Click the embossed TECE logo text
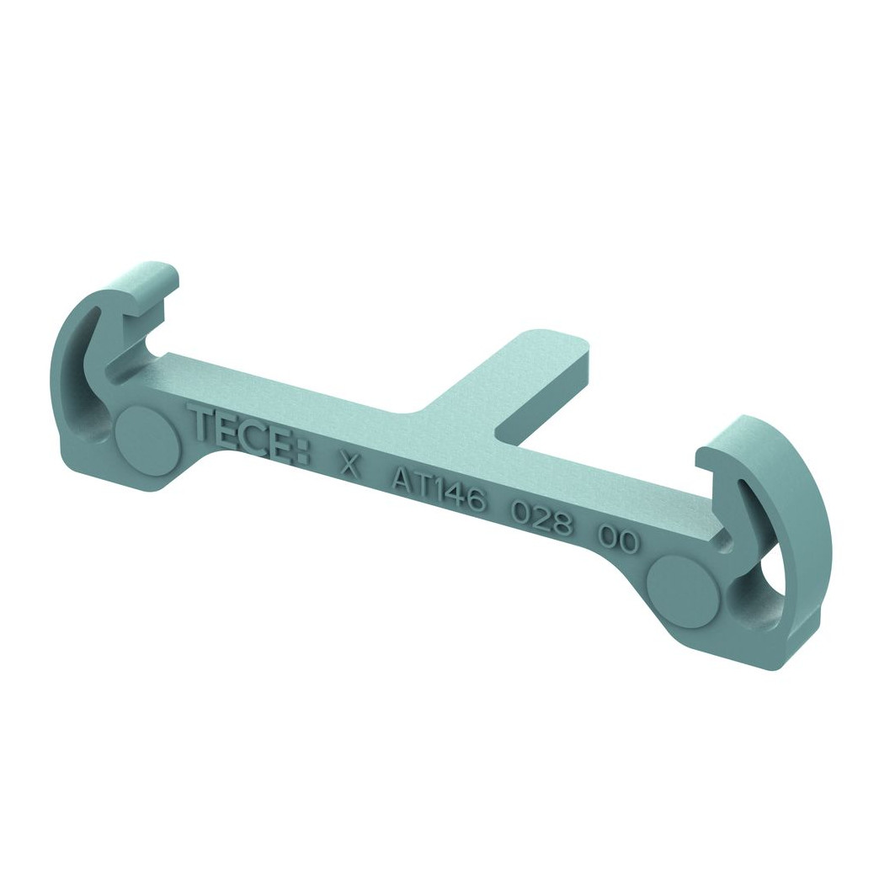pos(250,434)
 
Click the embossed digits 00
pos(617,540)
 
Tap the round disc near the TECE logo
pos(148,437)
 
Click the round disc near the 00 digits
pos(681,586)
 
